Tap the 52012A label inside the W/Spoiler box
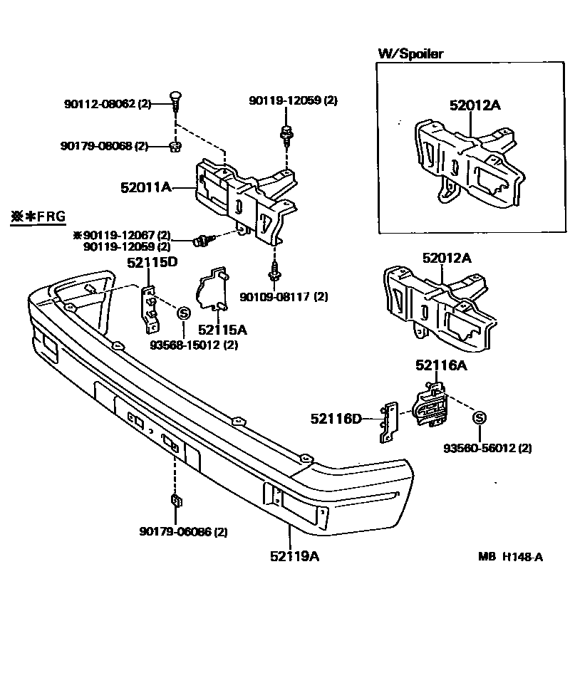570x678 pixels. click(475, 105)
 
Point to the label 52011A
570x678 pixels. click(146, 188)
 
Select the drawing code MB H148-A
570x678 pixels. click(510, 557)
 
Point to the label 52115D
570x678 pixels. click(152, 262)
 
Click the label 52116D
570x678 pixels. click(336, 419)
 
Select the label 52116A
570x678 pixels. click(441, 365)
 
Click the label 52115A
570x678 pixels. click(222, 329)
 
